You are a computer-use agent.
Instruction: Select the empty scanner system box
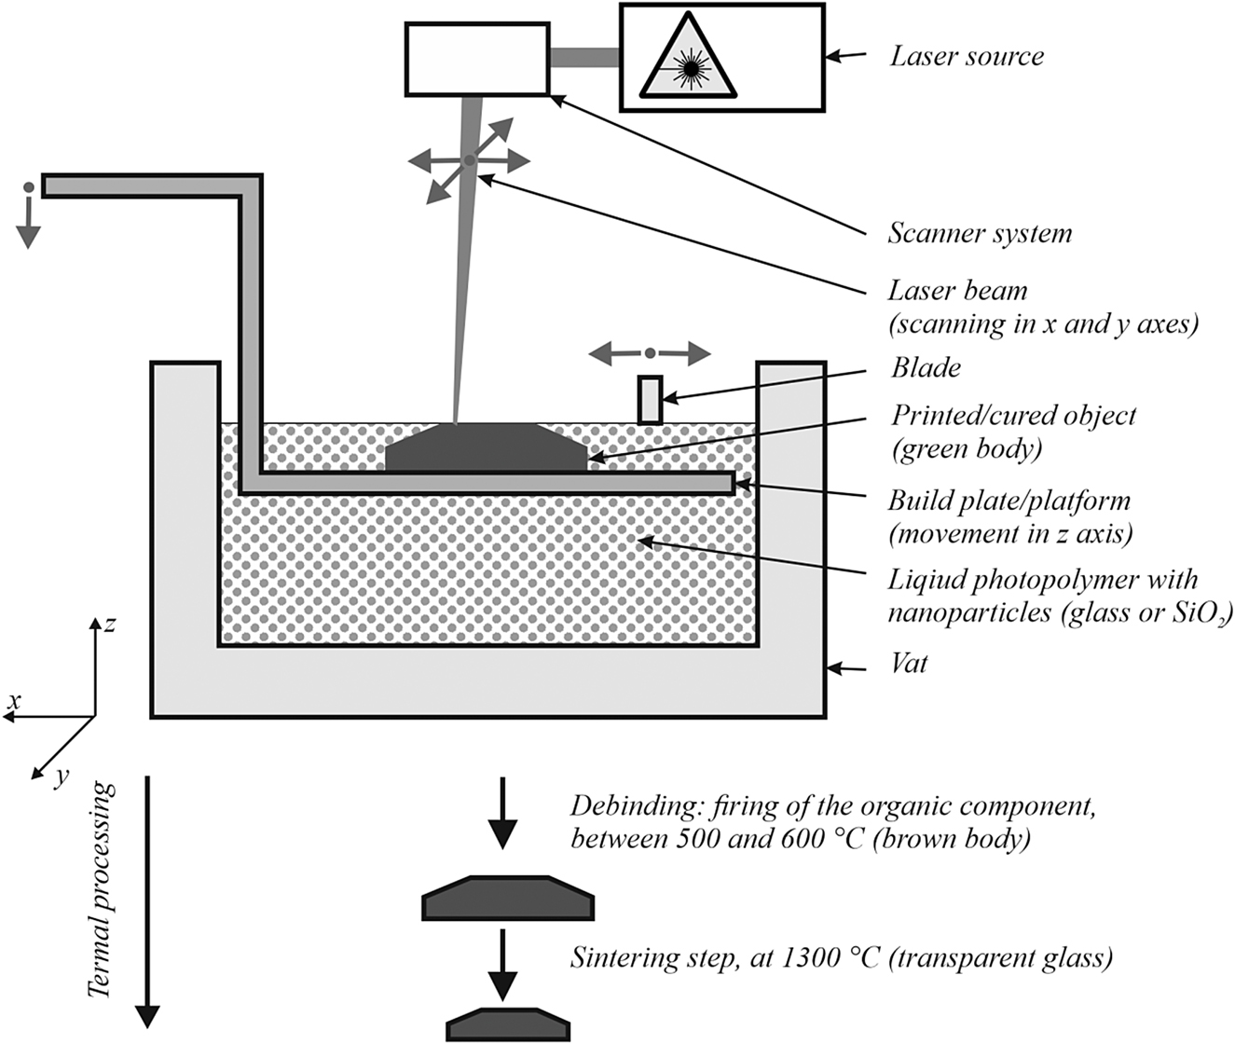click(x=476, y=59)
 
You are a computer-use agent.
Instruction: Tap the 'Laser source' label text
click(x=967, y=56)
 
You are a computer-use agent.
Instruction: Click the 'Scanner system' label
click(x=979, y=232)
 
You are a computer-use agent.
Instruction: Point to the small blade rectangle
click(x=651, y=399)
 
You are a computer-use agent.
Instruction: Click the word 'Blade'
click(x=925, y=367)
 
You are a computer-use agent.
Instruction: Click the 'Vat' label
click(x=909, y=665)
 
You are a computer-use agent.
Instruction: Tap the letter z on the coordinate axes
click(x=110, y=624)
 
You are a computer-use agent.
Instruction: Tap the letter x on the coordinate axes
click(x=13, y=699)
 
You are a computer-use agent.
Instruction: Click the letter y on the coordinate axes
click(x=62, y=776)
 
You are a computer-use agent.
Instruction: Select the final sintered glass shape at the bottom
click(x=508, y=1024)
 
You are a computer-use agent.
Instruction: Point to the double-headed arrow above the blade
click(x=650, y=353)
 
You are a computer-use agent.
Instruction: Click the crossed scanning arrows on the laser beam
click(x=469, y=160)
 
